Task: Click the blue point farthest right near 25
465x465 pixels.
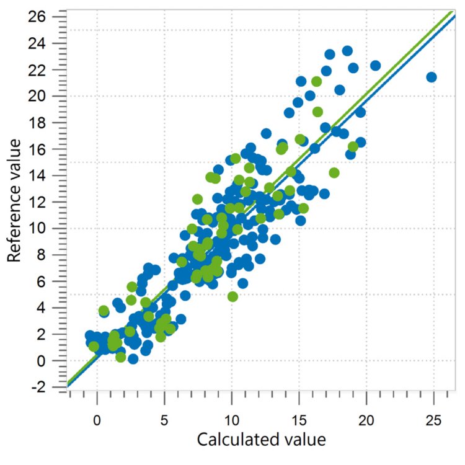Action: pos(432,77)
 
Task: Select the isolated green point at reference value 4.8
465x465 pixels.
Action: pos(232,296)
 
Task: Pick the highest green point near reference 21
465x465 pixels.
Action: pos(317,81)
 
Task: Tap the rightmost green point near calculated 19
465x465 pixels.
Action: pos(353,147)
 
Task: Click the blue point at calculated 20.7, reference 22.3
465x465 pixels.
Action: pos(375,65)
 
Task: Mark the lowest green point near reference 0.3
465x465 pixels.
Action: pos(120,356)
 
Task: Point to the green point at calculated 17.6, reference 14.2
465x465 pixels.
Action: pos(334,172)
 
